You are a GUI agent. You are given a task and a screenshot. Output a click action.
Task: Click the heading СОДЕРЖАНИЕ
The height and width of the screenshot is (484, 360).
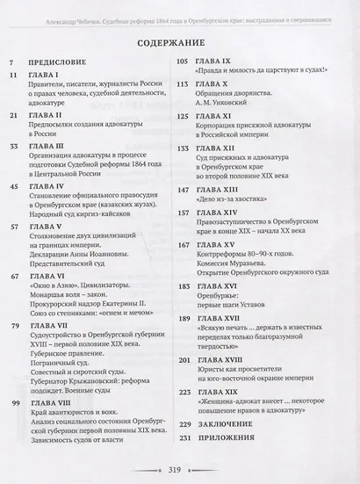click(x=180, y=41)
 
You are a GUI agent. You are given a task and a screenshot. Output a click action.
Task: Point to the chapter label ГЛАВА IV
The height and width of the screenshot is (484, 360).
click(x=51, y=186)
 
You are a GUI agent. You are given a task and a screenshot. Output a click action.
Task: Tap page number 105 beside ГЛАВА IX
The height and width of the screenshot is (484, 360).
click(x=184, y=63)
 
